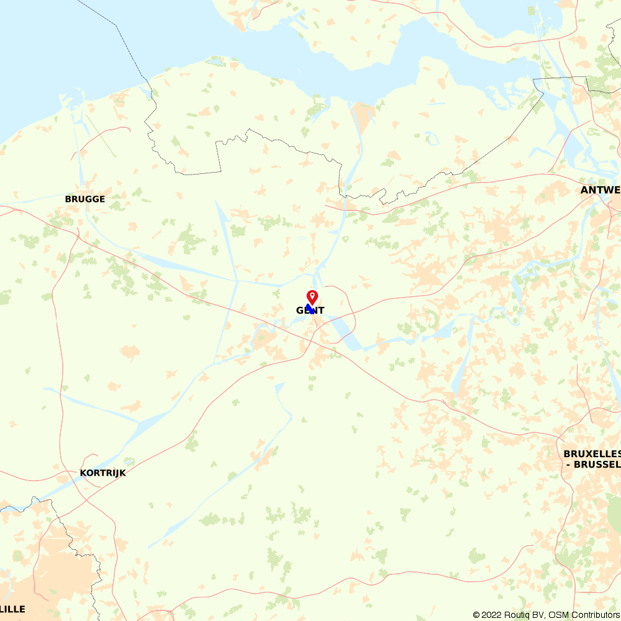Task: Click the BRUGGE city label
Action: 85,199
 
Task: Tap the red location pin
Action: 312,296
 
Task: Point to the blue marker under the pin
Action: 310,308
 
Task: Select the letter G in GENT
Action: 299,310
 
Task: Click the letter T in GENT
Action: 321,310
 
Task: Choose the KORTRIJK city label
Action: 103,473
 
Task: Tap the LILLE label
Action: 13,609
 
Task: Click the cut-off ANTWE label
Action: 601,190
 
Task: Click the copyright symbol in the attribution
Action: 476,615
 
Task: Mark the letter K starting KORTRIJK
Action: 83,473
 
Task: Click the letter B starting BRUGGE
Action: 68,199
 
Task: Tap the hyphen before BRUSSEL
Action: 569,464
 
